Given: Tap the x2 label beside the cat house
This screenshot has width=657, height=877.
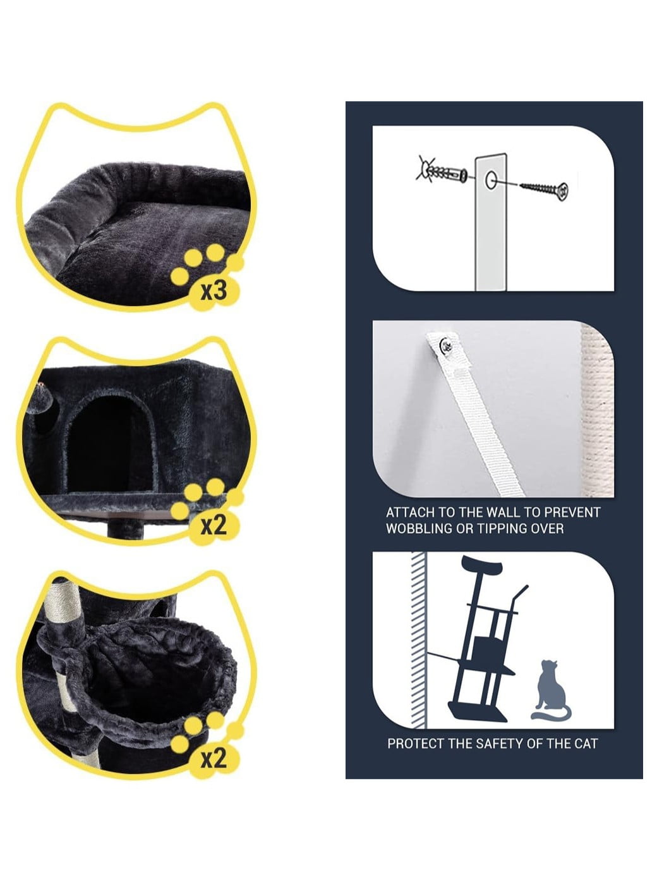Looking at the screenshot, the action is [x=214, y=526].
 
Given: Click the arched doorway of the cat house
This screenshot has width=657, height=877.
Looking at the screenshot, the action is [x=111, y=443].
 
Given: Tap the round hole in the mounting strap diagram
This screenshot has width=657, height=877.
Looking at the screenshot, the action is [x=491, y=181].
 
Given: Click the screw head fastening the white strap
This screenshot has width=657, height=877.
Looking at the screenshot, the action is [x=446, y=345].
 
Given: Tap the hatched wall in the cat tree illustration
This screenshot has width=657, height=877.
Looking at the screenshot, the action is [x=418, y=640].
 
